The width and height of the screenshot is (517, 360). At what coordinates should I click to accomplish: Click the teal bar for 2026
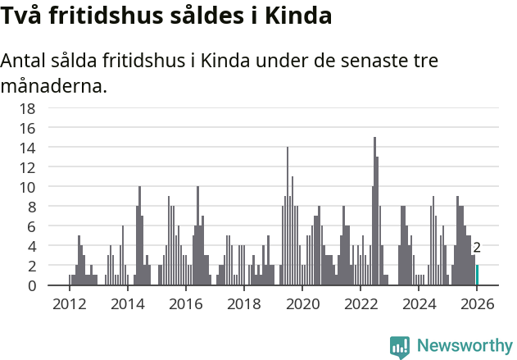[477, 276]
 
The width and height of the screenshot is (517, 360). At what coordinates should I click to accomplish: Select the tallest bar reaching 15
[374, 213]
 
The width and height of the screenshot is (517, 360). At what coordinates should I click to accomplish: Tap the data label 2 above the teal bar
[477, 247]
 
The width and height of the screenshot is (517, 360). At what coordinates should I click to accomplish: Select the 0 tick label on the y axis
[31, 285]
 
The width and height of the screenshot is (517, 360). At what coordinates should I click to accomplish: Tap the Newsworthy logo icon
[400, 346]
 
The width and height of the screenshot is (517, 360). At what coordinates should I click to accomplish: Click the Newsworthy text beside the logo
[465, 346]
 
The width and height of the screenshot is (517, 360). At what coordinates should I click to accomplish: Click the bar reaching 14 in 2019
[287, 217]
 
